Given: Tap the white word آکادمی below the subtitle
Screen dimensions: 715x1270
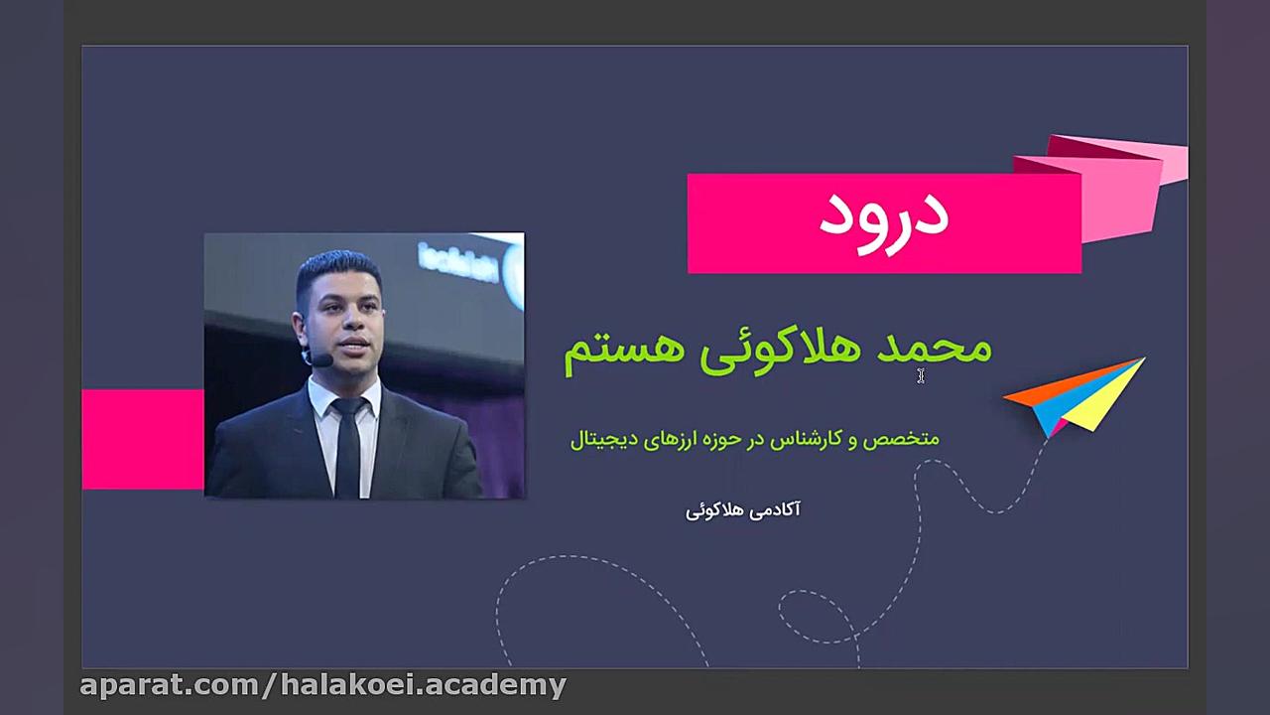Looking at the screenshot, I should [x=765, y=509].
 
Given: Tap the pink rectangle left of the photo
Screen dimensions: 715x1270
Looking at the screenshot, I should [x=143, y=439].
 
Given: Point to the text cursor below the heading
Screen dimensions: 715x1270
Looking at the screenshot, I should [x=921, y=375].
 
